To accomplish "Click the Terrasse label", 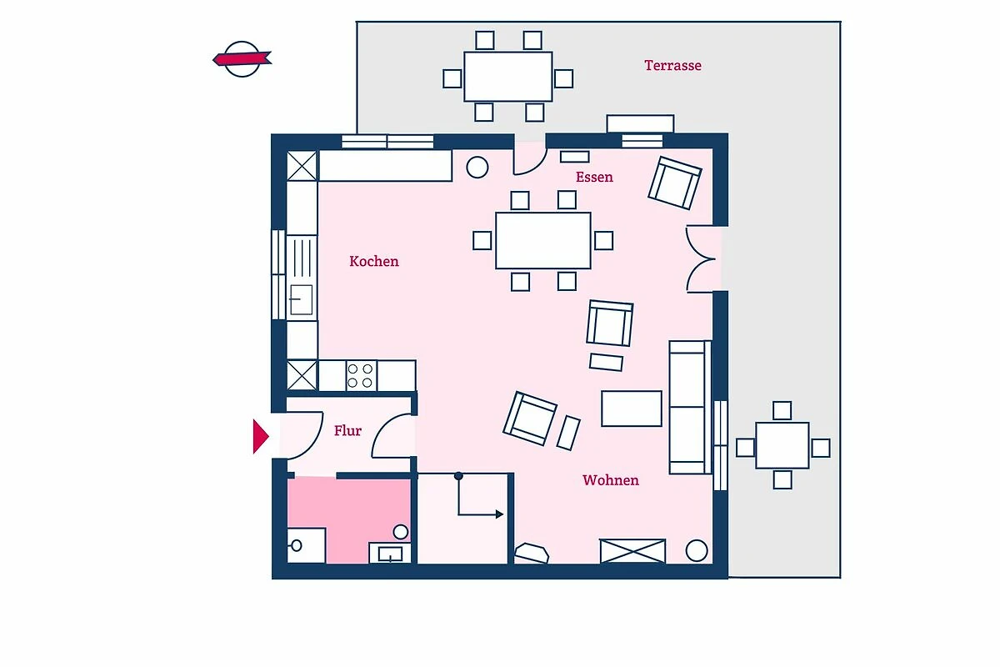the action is tap(672, 66).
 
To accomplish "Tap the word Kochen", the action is tap(374, 261).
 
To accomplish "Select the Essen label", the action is tap(594, 178).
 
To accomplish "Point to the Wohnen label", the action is tap(611, 480).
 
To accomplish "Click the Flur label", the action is tap(347, 431).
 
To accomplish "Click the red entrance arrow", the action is tap(261, 437).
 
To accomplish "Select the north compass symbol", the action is tap(242, 59).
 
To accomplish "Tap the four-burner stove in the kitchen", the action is tap(361, 376).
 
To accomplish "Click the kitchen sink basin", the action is tap(302, 300).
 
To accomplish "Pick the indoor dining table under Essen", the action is tap(543, 241).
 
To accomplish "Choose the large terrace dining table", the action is tap(508, 77).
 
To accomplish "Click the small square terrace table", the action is tap(782, 445).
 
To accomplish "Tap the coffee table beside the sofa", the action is tap(632, 409).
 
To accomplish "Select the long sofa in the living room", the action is tap(690, 407).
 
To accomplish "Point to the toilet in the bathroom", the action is tap(305, 545).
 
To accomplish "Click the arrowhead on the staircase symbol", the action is tap(499, 514).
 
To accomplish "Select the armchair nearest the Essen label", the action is tap(675, 183).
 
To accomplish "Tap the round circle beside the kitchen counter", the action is tap(477, 168).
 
